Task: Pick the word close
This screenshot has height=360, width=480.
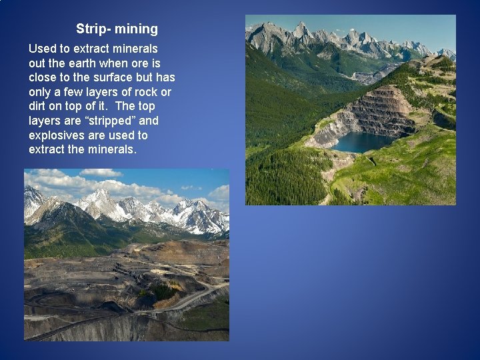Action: tap(44, 77)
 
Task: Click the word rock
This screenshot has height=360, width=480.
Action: tap(149, 92)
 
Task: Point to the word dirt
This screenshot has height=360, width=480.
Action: tap(39, 107)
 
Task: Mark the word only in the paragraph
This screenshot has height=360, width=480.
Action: tap(41, 92)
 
